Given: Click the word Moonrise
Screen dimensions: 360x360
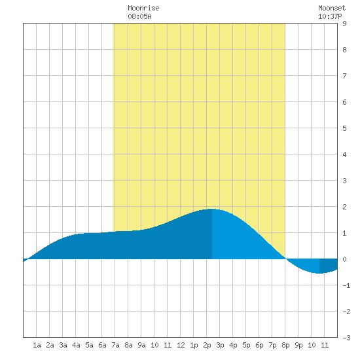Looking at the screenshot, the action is (143, 8).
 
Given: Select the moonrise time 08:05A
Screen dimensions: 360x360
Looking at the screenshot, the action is (139, 16).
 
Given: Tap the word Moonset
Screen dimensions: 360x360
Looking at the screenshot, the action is (332, 8).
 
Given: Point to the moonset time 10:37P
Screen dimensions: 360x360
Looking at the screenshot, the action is (330, 16).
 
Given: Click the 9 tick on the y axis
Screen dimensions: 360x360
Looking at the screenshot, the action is (344, 24).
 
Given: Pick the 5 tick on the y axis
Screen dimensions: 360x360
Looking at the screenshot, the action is (344, 128).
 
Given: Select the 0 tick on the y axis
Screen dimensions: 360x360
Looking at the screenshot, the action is (344, 259).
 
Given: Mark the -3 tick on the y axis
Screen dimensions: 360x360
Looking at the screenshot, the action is (346, 338).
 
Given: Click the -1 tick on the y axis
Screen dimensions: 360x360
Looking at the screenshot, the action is (346, 285).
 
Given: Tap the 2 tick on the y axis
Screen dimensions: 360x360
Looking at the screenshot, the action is (344, 207).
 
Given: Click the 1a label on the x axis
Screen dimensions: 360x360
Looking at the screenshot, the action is (37, 345).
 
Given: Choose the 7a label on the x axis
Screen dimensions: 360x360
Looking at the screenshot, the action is (115, 345).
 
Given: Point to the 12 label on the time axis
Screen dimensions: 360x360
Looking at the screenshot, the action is (181, 345).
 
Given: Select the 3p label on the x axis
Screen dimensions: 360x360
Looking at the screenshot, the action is (220, 345).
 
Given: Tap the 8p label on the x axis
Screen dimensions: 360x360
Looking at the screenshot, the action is (285, 345).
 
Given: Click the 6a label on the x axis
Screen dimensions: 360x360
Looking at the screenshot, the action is (102, 345).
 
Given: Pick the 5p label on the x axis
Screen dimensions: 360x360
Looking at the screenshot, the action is (246, 345).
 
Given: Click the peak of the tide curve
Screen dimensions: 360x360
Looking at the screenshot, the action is (212, 209).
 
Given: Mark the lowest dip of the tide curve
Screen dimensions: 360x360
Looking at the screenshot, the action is (319, 273).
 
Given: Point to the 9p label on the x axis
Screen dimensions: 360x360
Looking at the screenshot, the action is (298, 345).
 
